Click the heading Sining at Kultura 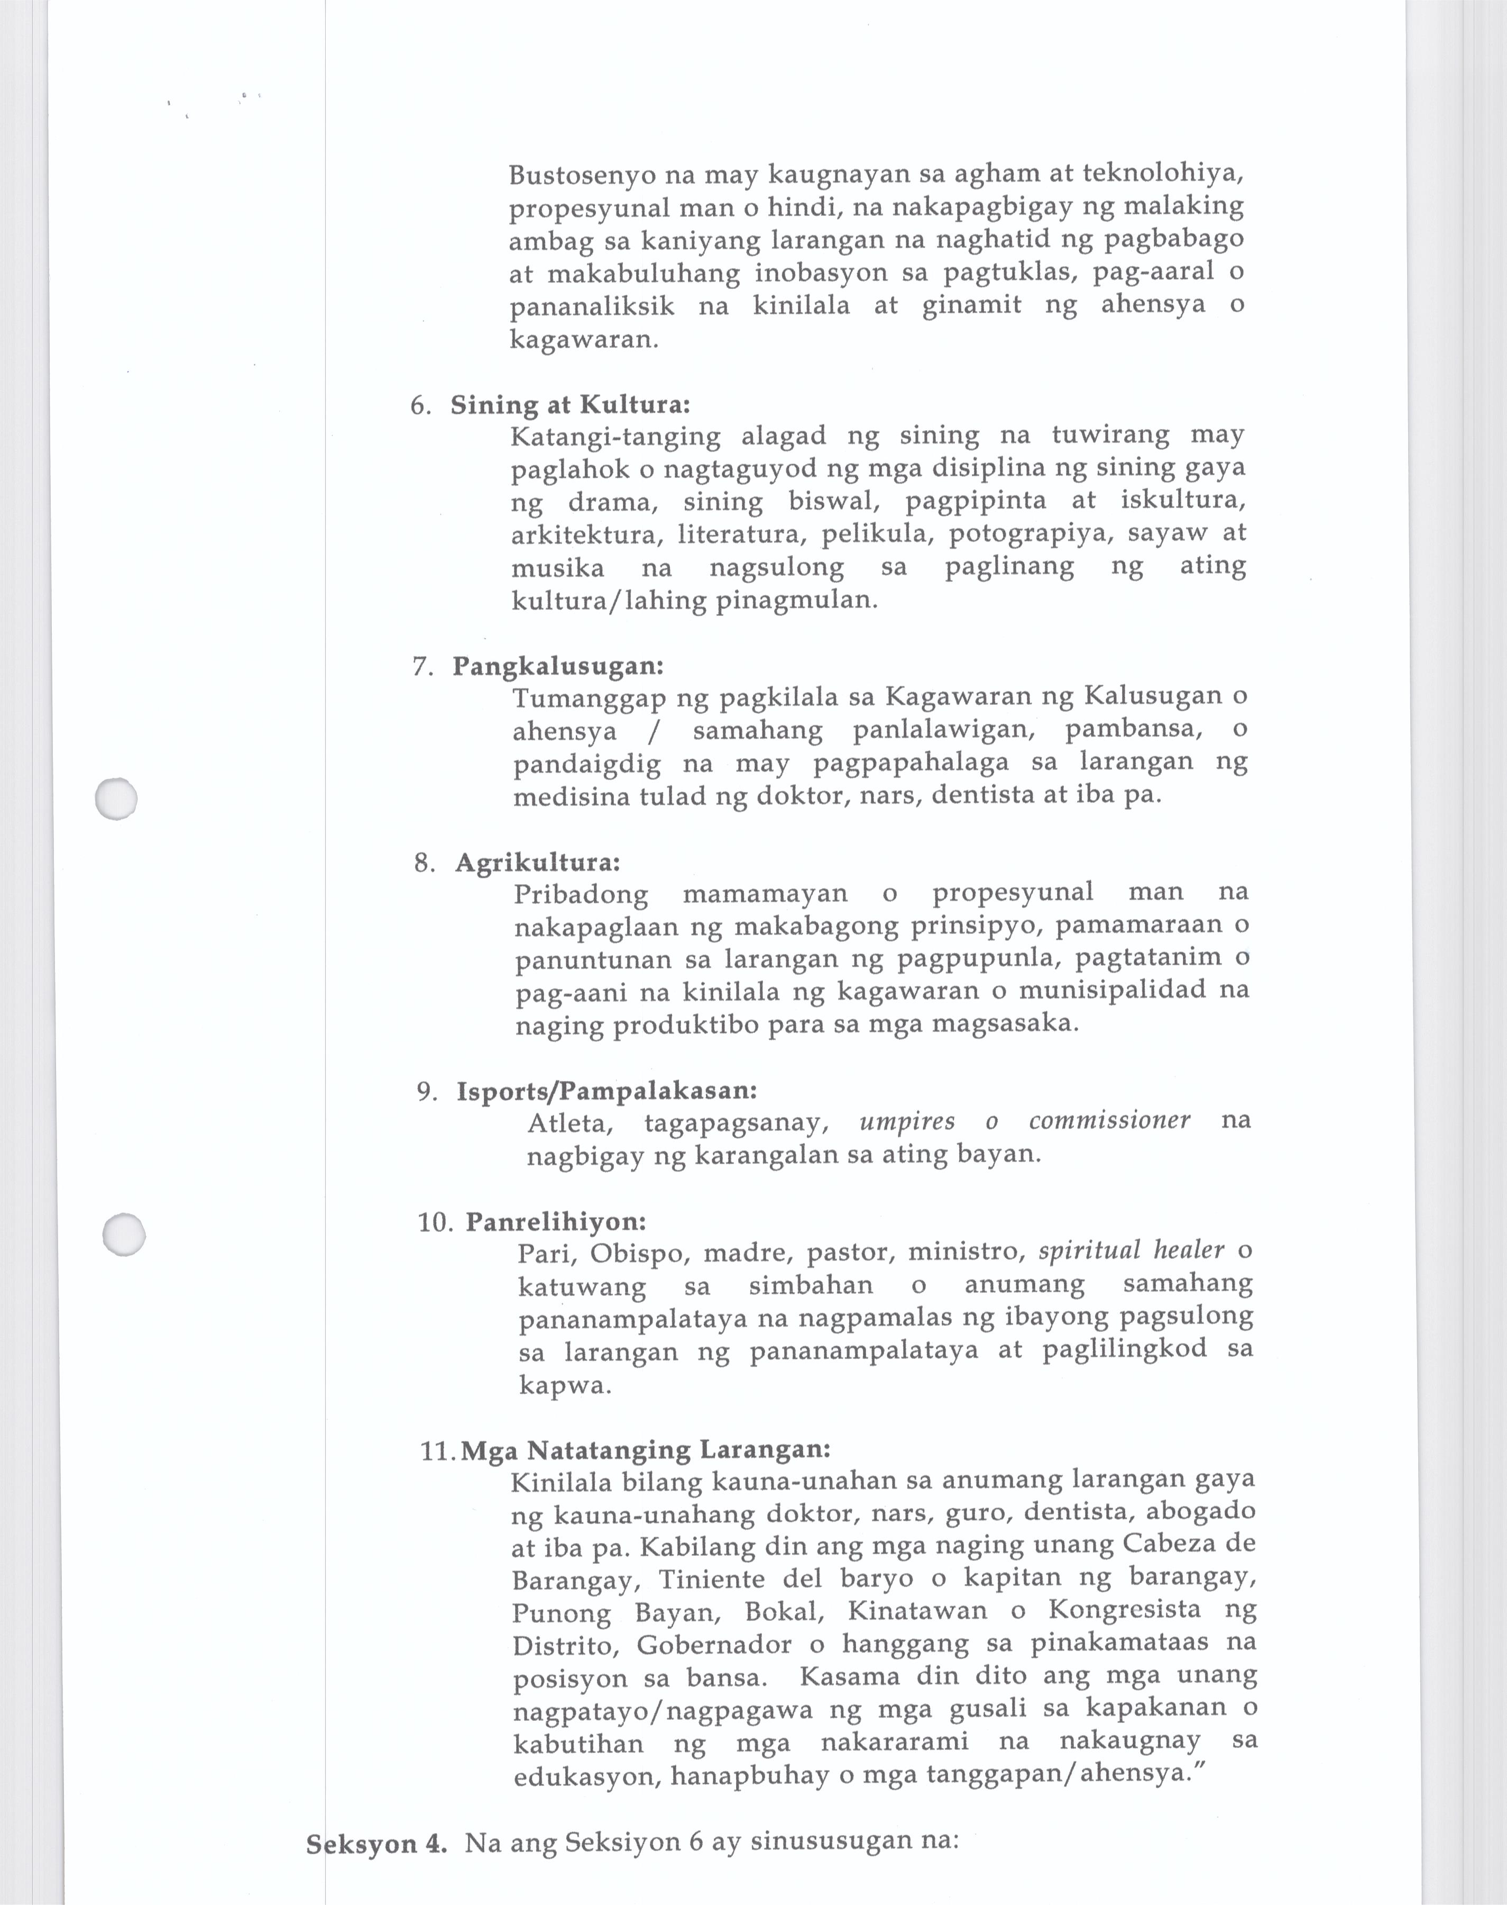pyautogui.click(x=570, y=405)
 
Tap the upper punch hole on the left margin pyautogui.click(x=116, y=799)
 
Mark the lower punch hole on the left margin pyautogui.click(x=124, y=1234)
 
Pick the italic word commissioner pyautogui.click(x=1109, y=1121)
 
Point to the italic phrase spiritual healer pyautogui.click(x=1131, y=1251)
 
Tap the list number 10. pyautogui.click(x=435, y=1223)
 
